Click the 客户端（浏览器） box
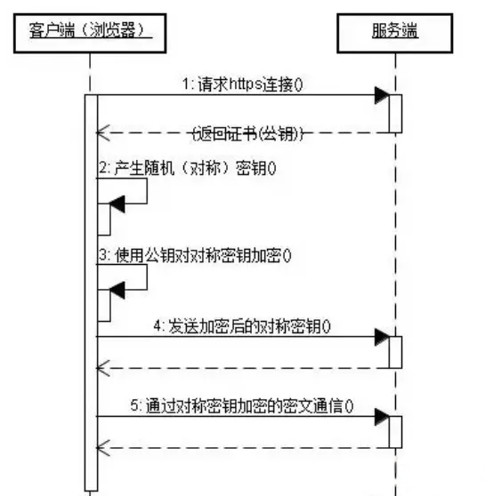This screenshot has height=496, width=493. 90,33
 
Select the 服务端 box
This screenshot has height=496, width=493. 395,33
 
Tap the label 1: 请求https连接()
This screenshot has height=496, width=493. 243,84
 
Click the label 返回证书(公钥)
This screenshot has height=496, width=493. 248,134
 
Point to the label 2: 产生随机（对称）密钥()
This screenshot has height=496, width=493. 188,168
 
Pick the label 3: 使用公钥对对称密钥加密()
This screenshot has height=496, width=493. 195,256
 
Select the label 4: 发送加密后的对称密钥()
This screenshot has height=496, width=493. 242,326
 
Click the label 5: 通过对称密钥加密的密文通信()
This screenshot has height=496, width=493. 242,406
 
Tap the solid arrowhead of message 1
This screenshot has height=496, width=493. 382,95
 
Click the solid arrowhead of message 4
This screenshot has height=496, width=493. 382,337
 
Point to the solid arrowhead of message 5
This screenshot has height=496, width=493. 382,417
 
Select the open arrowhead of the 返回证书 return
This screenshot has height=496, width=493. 103,132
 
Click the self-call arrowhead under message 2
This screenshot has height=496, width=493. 117,204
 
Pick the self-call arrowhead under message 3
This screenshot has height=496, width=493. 117,290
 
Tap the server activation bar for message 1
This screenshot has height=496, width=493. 395,114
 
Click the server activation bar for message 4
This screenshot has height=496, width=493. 395,352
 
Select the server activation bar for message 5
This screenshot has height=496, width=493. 395,432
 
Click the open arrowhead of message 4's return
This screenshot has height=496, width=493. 103,368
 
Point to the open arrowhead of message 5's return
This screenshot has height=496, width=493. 103,448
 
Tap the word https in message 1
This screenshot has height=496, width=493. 246,84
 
